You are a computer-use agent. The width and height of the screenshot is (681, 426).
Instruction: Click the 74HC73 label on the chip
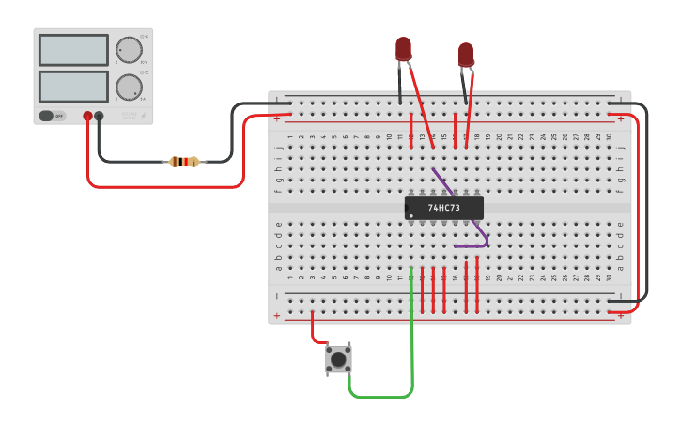(x=443, y=208)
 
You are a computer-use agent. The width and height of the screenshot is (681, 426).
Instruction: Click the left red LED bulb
(x=403, y=48)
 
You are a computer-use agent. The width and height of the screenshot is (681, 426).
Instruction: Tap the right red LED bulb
(x=466, y=54)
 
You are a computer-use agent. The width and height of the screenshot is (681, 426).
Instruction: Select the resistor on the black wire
(x=185, y=162)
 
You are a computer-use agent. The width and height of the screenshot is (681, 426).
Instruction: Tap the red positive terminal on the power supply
(x=87, y=116)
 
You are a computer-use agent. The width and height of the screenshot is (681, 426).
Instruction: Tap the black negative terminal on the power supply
(x=99, y=116)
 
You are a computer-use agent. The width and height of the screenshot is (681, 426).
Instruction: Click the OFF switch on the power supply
(x=52, y=116)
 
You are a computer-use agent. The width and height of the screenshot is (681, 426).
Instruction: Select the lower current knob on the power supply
(x=128, y=87)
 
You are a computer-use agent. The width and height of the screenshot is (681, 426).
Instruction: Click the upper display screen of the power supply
(x=73, y=50)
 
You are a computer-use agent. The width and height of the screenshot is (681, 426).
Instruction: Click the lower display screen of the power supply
(x=73, y=87)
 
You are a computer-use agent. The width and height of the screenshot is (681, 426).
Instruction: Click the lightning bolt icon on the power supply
(x=143, y=116)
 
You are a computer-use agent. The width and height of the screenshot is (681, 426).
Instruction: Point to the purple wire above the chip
(x=441, y=180)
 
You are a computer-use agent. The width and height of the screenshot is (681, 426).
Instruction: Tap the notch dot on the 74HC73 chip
(x=411, y=216)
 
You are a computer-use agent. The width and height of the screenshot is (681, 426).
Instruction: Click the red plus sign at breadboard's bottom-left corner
(x=277, y=316)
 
